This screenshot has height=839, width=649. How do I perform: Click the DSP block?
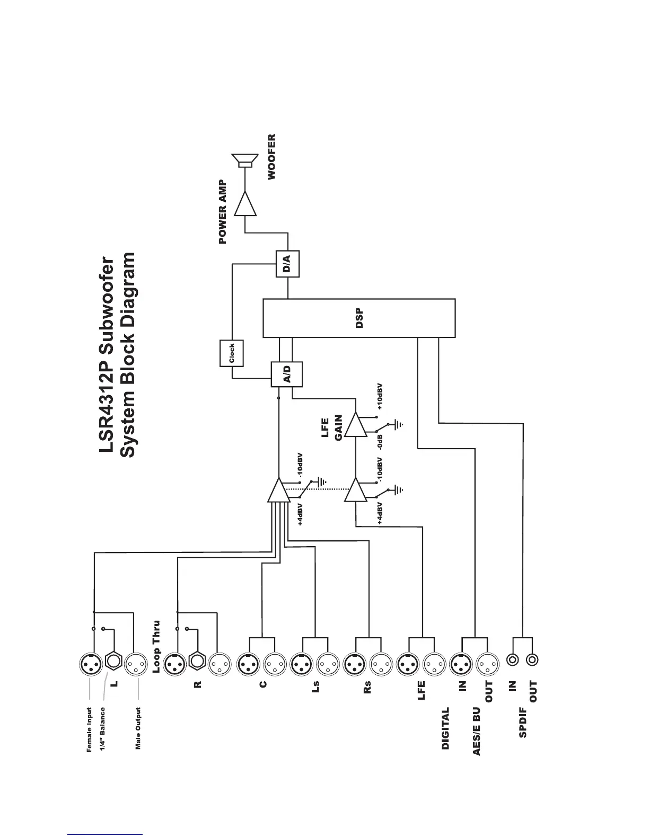tap(359, 318)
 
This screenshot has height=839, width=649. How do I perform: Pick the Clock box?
tap(231, 353)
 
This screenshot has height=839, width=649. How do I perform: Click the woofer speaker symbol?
tap(244, 160)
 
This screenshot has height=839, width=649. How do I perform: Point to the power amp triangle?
tap(245, 204)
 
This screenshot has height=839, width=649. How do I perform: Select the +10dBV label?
tap(380, 397)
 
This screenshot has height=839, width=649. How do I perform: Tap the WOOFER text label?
tap(272, 157)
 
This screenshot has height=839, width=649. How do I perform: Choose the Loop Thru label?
tap(156, 647)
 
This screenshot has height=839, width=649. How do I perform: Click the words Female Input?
tap(89, 729)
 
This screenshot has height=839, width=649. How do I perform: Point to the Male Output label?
tap(138, 728)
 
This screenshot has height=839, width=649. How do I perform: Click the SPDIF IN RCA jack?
tap(512, 659)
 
